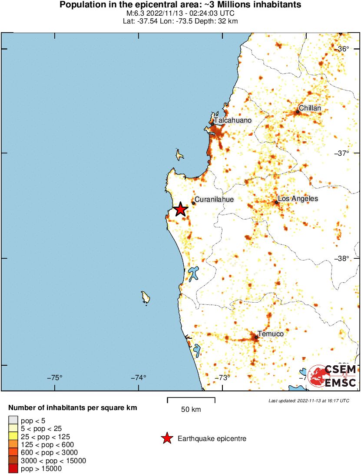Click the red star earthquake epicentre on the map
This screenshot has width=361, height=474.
[181, 210]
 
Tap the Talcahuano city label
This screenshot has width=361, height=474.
[232, 120]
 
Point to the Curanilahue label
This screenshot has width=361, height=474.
[214, 200]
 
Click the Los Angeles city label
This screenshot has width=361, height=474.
[298, 199]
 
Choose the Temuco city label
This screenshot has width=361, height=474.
[271, 334]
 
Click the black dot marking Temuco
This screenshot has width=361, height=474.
[256, 337]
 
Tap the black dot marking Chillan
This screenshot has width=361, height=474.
[298, 112]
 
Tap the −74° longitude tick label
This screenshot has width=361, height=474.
[139, 377]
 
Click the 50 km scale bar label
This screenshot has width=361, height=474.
[191, 409]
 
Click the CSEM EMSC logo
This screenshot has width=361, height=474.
[332, 375]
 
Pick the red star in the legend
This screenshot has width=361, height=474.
[166, 439]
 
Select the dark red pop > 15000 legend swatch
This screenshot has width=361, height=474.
[13, 469]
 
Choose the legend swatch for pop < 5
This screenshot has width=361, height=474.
[13, 420]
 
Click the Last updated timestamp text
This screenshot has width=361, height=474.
[308, 401]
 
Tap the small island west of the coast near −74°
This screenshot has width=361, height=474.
[146, 297]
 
